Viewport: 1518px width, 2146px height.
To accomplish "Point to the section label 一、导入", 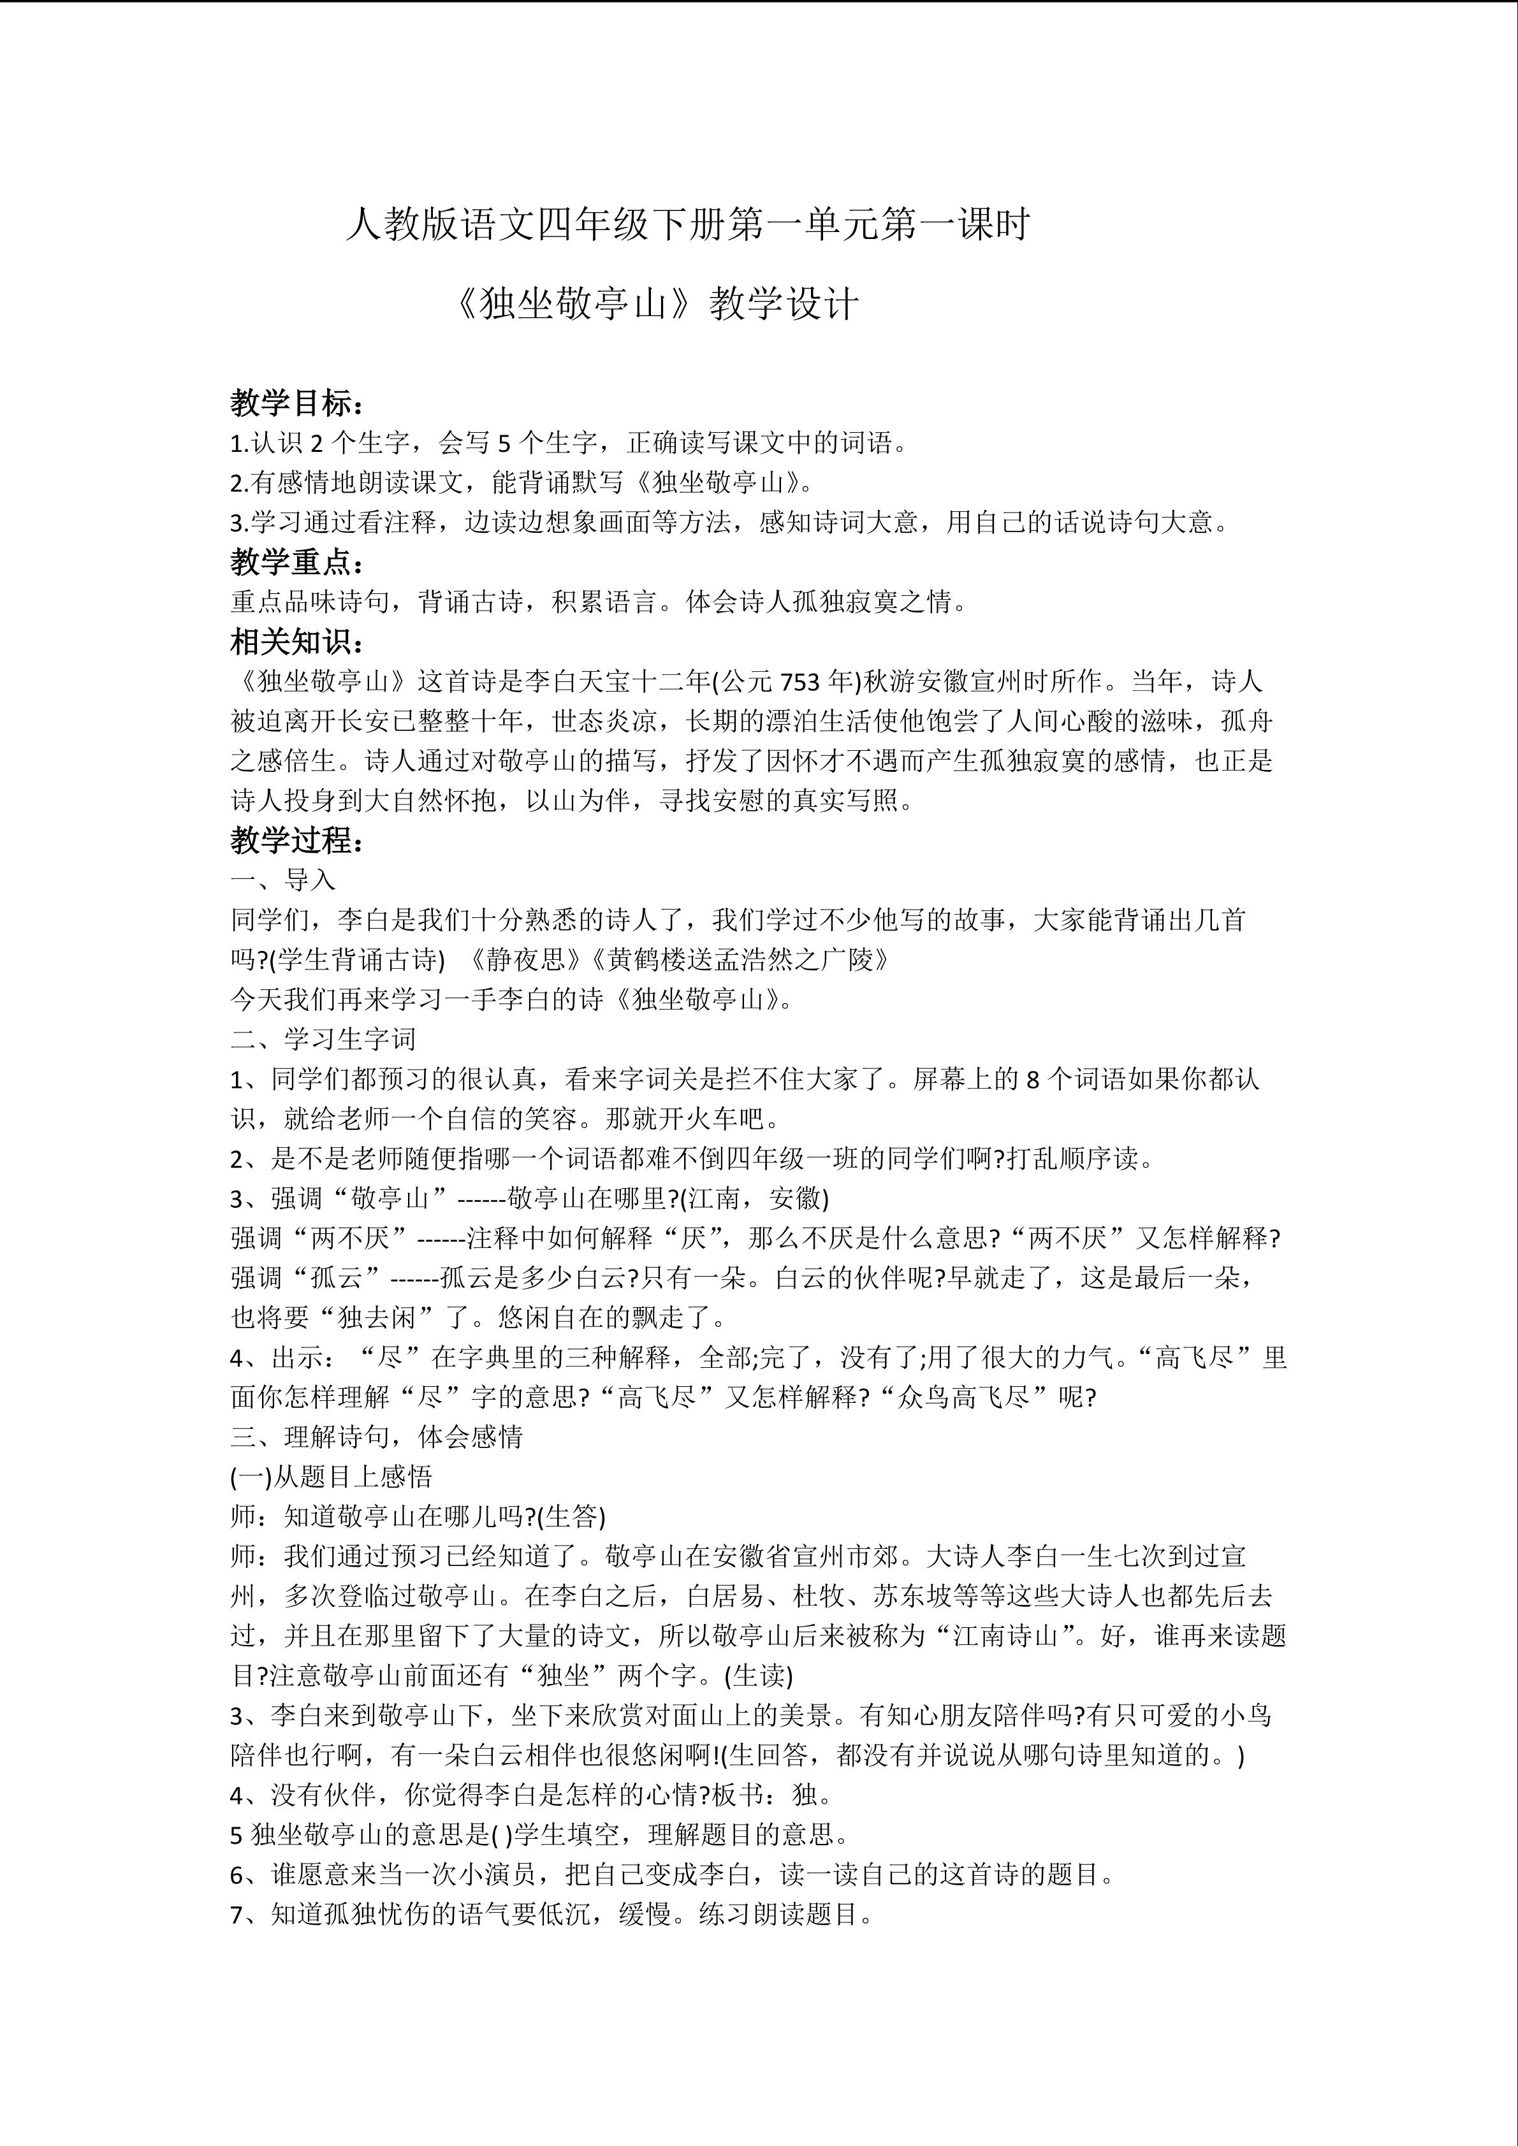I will click(283, 880).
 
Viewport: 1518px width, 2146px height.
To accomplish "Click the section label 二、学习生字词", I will click(323, 1040).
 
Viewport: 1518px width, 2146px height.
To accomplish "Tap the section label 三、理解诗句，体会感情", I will click(377, 1437).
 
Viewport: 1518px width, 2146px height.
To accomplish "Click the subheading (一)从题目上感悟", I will click(331, 1477).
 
